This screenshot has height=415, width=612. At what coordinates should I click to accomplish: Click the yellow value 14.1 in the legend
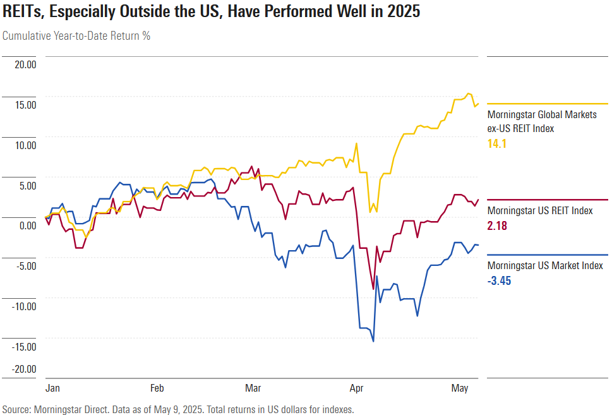497,144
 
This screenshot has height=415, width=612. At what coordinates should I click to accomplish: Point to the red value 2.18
497,226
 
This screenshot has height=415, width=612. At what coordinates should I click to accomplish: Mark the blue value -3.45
499,280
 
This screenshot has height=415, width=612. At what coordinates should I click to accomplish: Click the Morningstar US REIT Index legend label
540,210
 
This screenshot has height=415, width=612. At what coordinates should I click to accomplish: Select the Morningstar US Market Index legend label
545,266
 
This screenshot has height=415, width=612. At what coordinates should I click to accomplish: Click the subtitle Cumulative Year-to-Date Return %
76,35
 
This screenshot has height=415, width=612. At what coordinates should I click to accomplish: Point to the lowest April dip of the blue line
373,342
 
